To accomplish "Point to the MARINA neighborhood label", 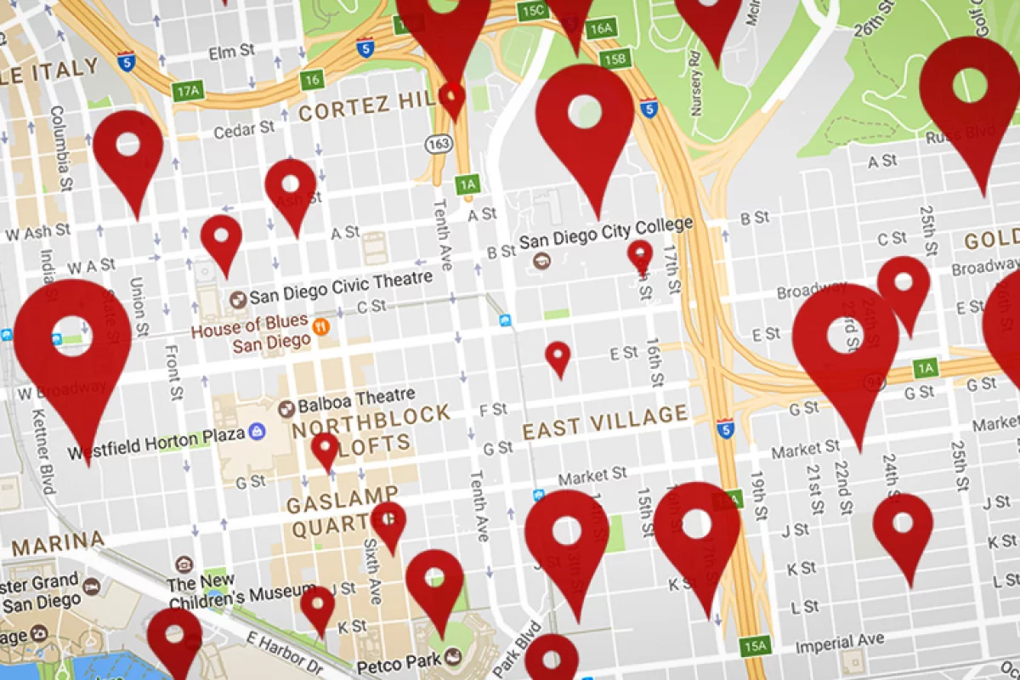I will [x=58, y=541].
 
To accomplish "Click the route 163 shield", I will [x=439, y=144].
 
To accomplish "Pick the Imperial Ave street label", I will [x=839, y=643].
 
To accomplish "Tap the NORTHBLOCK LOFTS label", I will [x=371, y=428].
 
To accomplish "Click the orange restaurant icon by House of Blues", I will [x=321, y=326].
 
